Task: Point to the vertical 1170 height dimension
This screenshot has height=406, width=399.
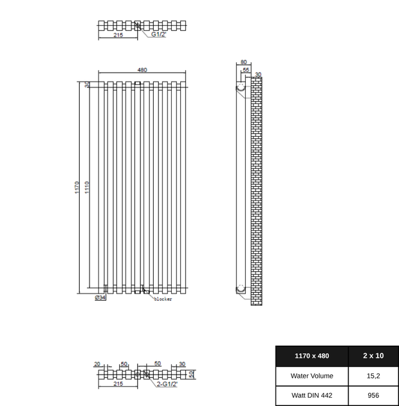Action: [77, 188]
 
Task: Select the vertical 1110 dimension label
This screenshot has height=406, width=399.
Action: [87, 188]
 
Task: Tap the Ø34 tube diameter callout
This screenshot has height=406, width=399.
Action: [100, 298]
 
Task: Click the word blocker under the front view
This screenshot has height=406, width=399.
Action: [163, 299]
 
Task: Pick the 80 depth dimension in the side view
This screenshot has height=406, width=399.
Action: [243, 62]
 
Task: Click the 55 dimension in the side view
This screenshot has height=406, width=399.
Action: [246, 69]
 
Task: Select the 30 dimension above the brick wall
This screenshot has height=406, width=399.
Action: [258, 75]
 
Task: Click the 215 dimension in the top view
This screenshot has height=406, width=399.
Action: [118, 35]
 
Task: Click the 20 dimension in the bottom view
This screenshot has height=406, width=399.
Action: [97, 364]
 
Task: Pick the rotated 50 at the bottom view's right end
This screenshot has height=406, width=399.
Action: [191, 375]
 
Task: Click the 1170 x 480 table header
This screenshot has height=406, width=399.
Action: [311, 355]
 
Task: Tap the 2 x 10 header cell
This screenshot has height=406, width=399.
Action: [373, 355]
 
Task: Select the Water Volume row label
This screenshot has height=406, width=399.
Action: [311, 376]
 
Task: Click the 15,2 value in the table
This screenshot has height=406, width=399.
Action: [373, 376]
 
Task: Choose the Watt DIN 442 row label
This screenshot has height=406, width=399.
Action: [311, 395]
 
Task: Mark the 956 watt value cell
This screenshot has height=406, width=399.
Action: [373, 395]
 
